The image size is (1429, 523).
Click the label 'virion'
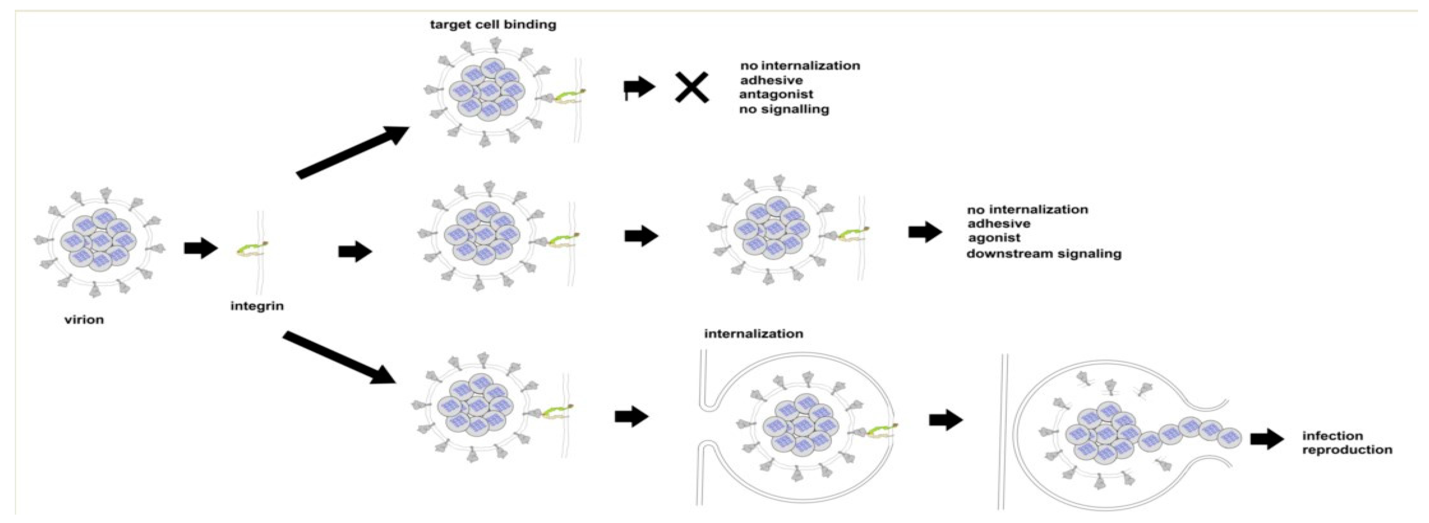(84, 320)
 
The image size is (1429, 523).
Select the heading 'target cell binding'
(492, 25)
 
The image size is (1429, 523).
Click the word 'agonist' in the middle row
(994, 238)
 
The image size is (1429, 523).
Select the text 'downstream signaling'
(1044, 254)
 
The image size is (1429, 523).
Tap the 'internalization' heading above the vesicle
(753, 334)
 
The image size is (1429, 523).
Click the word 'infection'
(1332, 436)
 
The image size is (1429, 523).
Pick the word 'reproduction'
(1347, 450)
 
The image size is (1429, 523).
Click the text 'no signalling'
(784, 109)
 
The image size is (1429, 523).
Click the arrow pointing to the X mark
(640, 87)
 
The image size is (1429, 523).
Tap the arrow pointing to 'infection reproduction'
(1267, 440)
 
